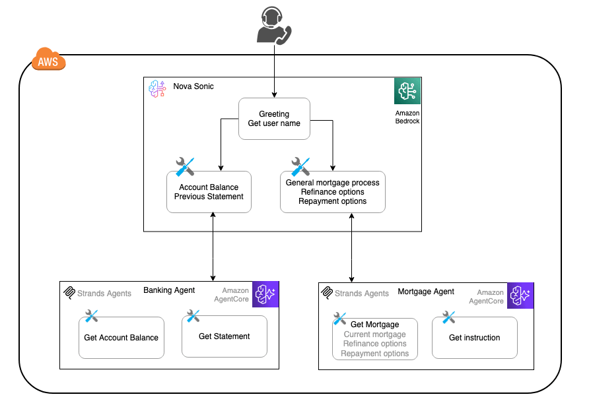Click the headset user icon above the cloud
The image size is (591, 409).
tap(273, 26)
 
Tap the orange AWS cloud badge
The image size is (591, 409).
tap(48, 61)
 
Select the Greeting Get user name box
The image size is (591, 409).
tap(274, 119)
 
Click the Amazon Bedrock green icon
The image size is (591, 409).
tap(407, 91)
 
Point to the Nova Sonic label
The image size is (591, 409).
tap(193, 86)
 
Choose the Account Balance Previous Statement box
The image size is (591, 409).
tap(209, 192)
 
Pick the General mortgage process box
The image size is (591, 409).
tap(332, 192)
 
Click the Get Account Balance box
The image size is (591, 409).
tap(121, 338)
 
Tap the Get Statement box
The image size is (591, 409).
tap(224, 336)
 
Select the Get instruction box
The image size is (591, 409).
tap(474, 338)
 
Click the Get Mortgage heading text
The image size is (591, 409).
tap(374, 325)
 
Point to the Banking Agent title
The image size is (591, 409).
tap(169, 290)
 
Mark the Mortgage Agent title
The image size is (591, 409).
tap(426, 292)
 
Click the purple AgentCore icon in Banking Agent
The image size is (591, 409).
tap(266, 294)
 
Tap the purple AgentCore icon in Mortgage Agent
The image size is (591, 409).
tap(520, 296)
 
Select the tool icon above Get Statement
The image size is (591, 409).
tap(193, 316)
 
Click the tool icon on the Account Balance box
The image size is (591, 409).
tap(185, 167)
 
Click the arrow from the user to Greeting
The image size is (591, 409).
tap(273, 73)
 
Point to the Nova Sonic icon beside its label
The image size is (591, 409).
tap(157, 88)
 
